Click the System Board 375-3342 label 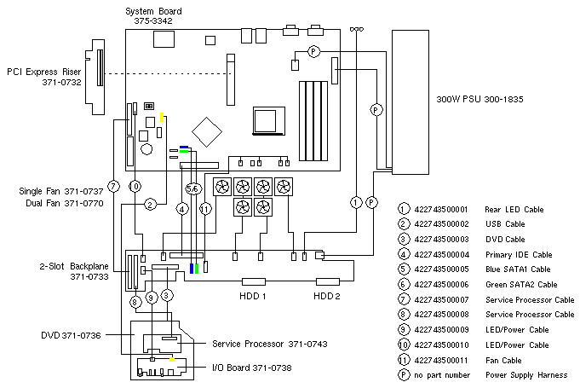[x=153, y=14]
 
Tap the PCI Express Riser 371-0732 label [x=44, y=77]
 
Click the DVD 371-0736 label [x=71, y=335]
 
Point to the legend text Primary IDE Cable [x=518, y=254]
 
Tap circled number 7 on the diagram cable [x=112, y=187]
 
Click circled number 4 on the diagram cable [x=181, y=208]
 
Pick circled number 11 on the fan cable [x=204, y=208]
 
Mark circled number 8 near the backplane [x=135, y=301]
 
